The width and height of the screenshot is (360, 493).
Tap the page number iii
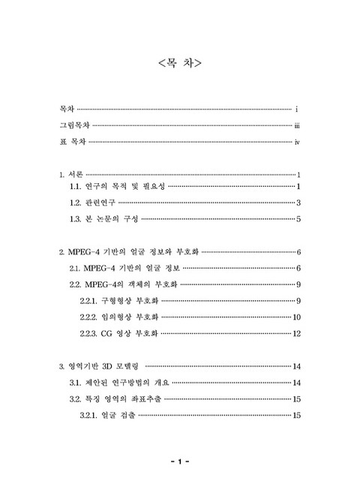coord(297,127)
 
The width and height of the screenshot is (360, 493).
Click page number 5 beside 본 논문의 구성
coord(298,219)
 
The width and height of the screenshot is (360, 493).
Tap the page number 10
coord(296,317)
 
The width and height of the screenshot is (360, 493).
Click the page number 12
coord(296,333)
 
